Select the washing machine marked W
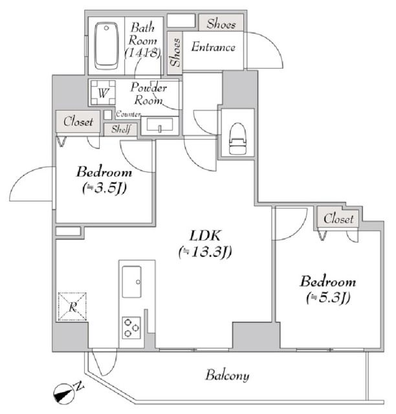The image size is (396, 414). (103, 93)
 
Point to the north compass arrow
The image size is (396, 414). (67, 391)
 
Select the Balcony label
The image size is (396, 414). (228, 375)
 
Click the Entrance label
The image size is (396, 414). (213, 48)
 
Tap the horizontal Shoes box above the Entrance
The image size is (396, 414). (221, 23)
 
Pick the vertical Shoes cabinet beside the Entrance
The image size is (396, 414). (175, 51)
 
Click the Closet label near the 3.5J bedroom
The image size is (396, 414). (78, 121)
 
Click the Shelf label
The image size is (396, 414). (121, 129)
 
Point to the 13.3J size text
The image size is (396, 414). (204, 252)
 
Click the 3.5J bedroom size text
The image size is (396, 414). (104, 189)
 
